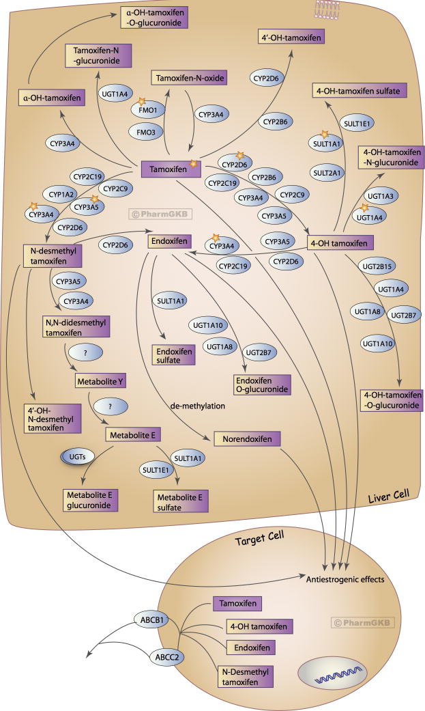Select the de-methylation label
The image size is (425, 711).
pyautogui.click(x=199, y=407)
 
